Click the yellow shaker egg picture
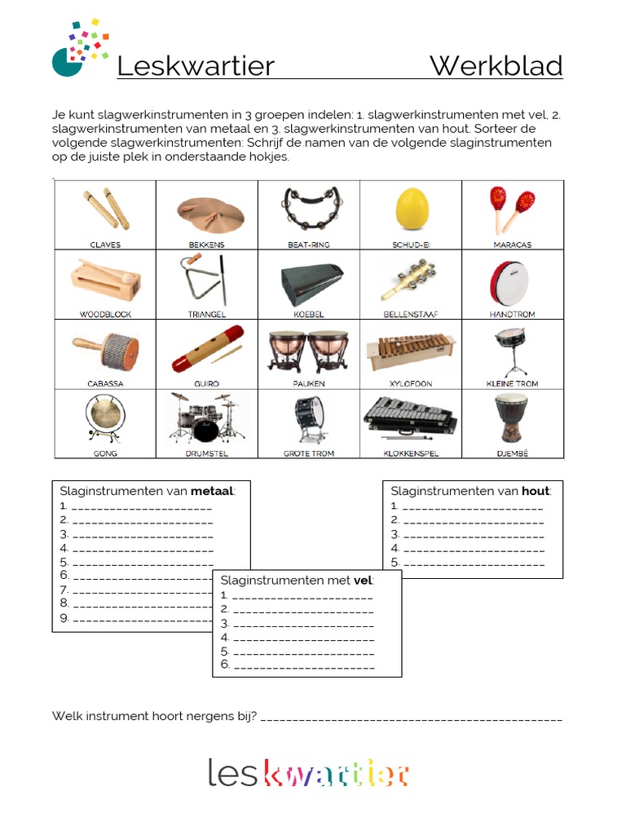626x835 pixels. click(x=411, y=209)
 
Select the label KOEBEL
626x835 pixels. click(x=308, y=314)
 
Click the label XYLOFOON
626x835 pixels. click(x=411, y=383)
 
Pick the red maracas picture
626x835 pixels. click(x=512, y=209)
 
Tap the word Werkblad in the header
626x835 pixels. click(x=496, y=66)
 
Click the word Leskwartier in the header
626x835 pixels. click(x=196, y=66)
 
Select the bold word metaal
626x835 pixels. click(x=212, y=491)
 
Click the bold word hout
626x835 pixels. click(x=536, y=491)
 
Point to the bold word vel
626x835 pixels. click(x=363, y=581)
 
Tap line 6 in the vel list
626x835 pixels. click(x=302, y=665)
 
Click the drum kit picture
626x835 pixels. click(x=206, y=417)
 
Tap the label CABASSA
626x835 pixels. click(x=104, y=383)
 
